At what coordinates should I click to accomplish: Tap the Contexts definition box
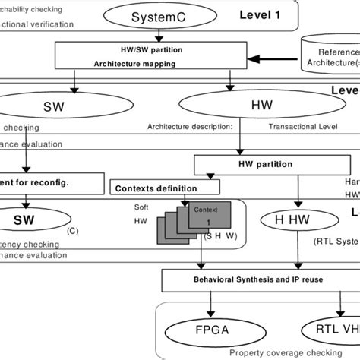tap(149, 185)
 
